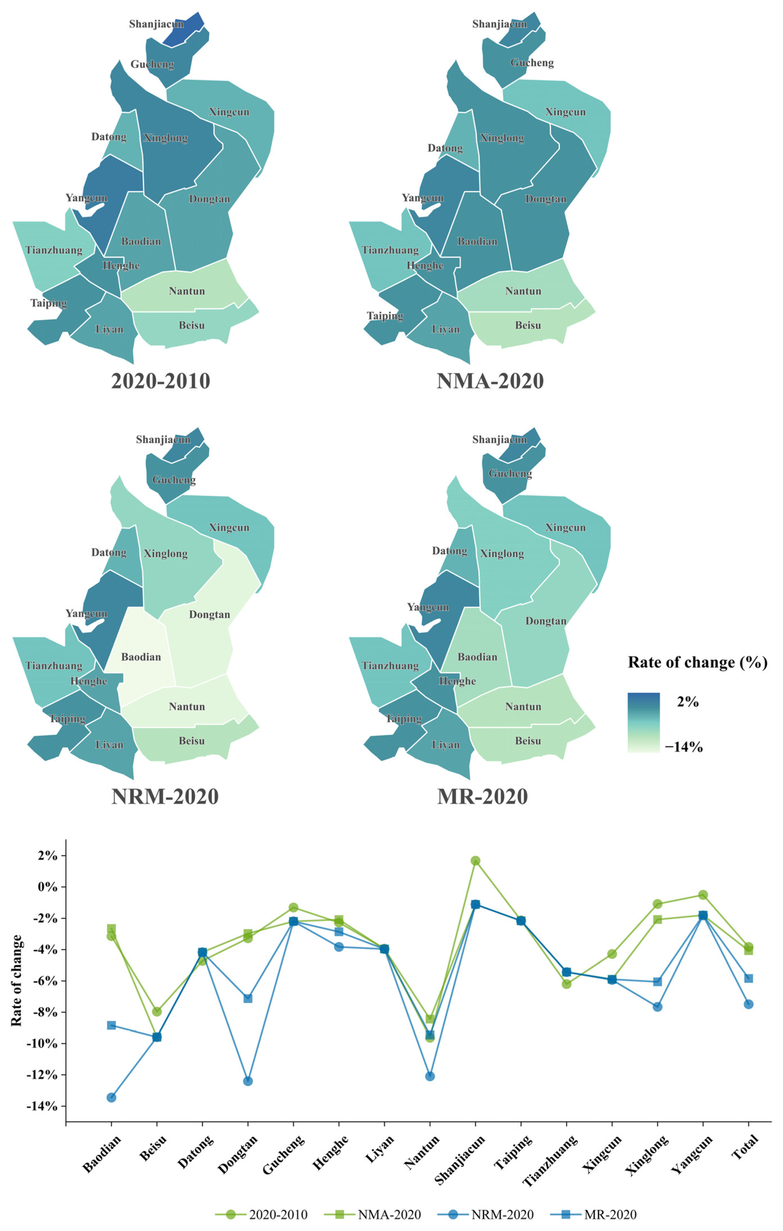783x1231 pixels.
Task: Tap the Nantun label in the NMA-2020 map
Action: coord(523,291)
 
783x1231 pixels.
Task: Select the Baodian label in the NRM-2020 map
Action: coord(140,657)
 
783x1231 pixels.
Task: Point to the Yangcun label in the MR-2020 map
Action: coord(428,607)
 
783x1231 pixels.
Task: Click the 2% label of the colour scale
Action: coord(687,702)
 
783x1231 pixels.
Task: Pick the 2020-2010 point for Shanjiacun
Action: coord(475,861)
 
